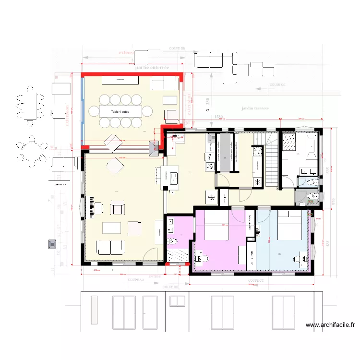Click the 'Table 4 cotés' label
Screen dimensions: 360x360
coord(120,112)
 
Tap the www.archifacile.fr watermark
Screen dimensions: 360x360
coord(330,325)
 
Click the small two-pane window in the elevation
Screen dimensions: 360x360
coord(177,301)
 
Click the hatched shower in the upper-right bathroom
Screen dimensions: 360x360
coord(289,142)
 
